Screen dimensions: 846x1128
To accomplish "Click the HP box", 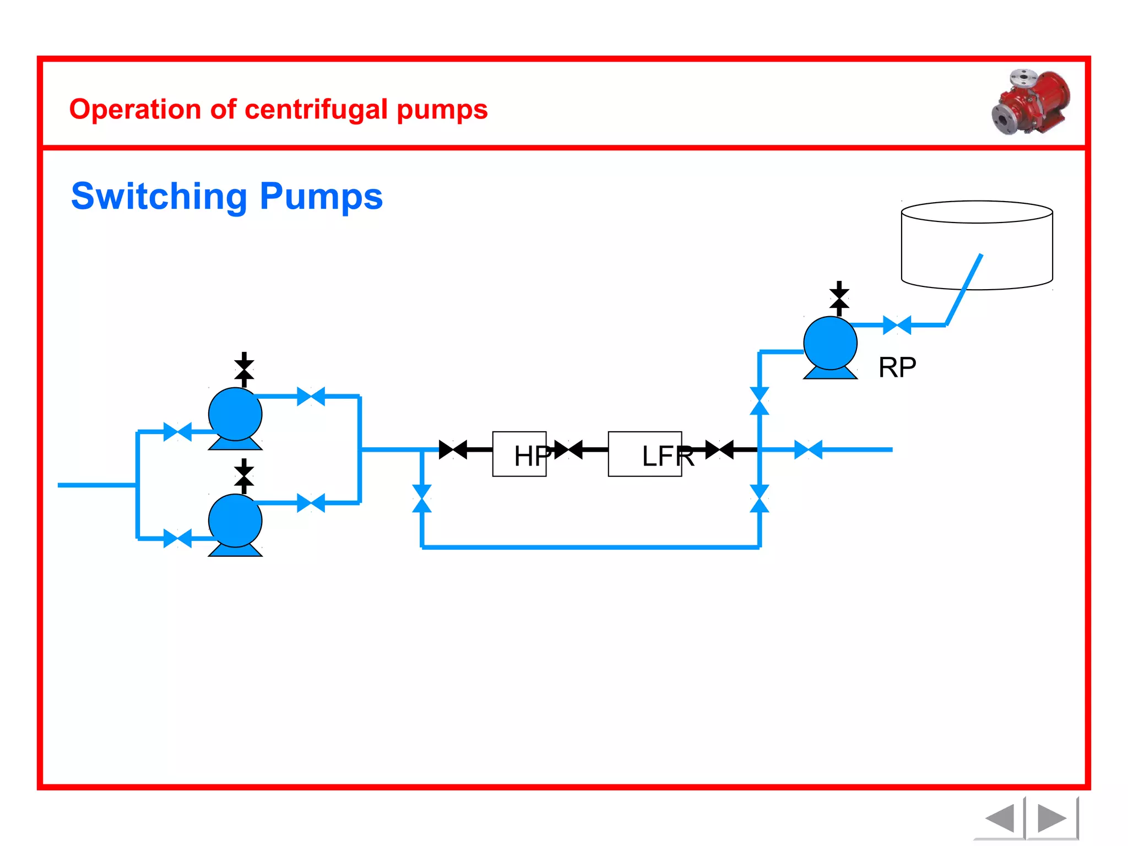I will click(x=519, y=454).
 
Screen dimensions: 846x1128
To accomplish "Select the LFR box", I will click(x=644, y=454).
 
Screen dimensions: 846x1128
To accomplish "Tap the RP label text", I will click(x=897, y=367).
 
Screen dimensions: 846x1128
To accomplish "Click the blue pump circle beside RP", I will click(x=830, y=343).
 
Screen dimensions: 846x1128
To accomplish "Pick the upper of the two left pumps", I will click(x=235, y=414).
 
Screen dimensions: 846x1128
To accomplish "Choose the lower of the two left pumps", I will click(x=235, y=520).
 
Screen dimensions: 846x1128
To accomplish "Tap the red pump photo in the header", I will click(x=1031, y=102).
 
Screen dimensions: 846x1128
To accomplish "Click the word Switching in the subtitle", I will click(x=159, y=197).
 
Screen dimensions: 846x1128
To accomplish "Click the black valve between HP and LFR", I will click(x=568, y=449).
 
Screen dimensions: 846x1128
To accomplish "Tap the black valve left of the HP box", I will click(x=453, y=449).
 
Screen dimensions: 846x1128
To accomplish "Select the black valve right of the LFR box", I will click(x=719, y=449).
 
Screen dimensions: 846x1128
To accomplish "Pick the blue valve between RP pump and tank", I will click(x=897, y=325).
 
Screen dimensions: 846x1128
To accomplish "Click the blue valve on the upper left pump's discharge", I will click(x=311, y=396).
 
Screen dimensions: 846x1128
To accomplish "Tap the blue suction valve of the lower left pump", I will click(x=177, y=538).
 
